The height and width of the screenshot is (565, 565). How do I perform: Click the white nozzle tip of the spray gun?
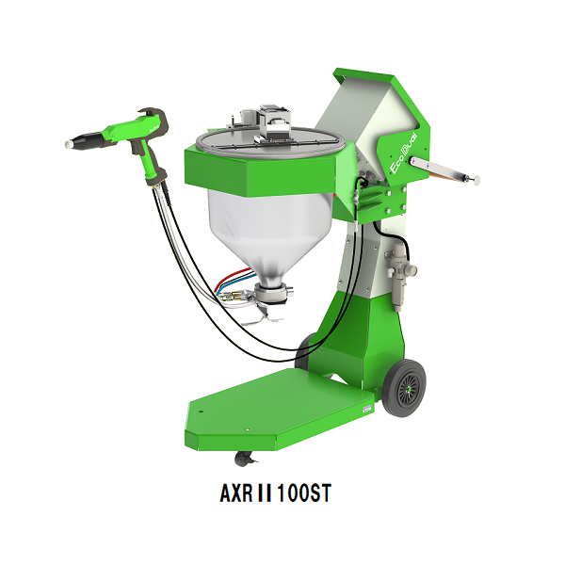click(69, 144)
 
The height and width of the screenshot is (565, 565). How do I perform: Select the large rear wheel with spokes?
click(404, 388)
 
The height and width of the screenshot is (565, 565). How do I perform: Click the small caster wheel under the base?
click(244, 460)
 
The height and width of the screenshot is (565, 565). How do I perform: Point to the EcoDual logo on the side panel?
click(404, 153)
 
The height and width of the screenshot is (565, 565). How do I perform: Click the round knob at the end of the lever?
click(476, 180)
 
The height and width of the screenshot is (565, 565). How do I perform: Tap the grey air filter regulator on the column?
click(400, 274)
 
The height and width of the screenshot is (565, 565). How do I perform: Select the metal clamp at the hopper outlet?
click(274, 292)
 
